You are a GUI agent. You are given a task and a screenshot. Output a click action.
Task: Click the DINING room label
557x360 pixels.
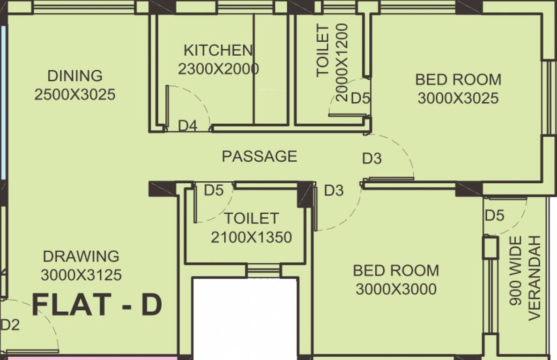75,75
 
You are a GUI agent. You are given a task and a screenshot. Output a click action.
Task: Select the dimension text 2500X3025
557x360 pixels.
75,95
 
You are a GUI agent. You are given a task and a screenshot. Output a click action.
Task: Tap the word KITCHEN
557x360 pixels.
218,50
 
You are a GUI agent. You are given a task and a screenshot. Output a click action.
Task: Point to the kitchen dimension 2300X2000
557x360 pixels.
218,69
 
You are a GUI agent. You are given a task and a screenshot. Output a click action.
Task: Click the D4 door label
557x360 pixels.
188,126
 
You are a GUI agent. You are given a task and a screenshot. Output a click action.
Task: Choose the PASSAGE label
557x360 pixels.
259,156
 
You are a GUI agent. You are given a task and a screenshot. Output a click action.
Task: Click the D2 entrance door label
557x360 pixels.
10,325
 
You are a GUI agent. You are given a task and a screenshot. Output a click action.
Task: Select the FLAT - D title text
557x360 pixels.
97,305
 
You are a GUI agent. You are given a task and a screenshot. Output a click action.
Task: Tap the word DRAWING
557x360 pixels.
81,256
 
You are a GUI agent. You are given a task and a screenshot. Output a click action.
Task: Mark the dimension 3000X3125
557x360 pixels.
81,275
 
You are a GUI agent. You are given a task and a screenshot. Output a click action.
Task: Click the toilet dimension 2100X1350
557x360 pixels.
251,237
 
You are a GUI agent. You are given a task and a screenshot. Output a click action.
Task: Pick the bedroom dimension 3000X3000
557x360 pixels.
396,289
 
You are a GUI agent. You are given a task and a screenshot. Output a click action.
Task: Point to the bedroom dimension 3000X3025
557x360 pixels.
458,98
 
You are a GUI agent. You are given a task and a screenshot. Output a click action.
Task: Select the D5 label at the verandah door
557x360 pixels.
494,216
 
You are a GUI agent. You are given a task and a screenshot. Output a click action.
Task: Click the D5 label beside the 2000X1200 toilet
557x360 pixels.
360,98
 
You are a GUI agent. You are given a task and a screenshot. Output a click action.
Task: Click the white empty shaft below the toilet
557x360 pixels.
245,319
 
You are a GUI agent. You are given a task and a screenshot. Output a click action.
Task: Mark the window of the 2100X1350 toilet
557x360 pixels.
263,270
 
